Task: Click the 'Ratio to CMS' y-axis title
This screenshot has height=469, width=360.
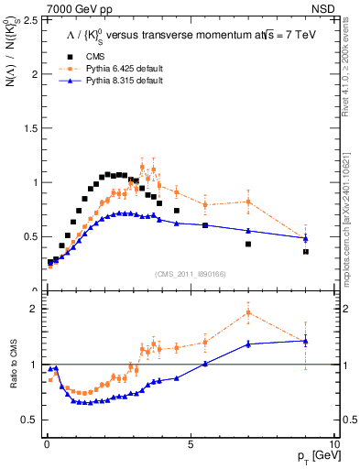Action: [14, 365]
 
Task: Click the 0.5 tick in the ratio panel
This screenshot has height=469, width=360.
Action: [33, 420]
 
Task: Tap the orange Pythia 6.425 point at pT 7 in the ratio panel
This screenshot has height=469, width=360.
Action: [248, 312]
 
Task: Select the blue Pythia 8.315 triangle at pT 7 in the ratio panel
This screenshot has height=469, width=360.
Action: [248, 344]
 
